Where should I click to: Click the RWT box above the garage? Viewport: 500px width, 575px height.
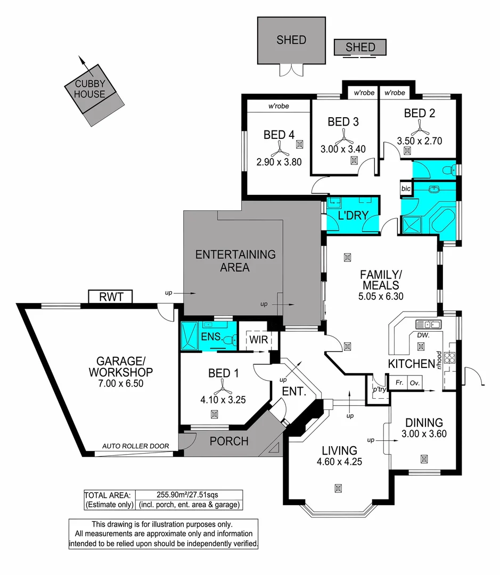(110, 297)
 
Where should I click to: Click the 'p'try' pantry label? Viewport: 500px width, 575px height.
(379, 389)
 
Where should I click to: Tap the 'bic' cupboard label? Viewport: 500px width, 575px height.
(406, 188)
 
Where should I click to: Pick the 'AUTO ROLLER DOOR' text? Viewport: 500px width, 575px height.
(136, 446)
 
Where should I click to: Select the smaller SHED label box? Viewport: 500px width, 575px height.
(360, 47)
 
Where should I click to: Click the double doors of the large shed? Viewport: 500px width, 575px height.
(291, 71)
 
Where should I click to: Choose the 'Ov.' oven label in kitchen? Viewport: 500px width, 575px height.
(414, 383)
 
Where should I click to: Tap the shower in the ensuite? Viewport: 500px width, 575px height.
(190, 336)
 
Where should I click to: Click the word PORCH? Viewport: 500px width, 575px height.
(229, 441)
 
